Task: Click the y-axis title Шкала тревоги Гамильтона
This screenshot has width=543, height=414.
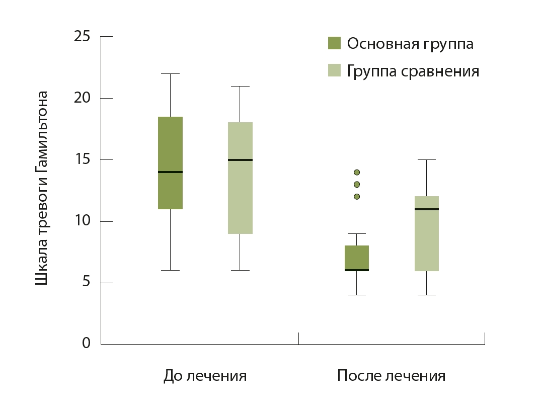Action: click(x=42, y=188)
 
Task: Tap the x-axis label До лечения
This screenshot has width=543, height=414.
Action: click(x=205, y=376)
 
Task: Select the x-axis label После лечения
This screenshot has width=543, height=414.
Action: click(x=391, y=376)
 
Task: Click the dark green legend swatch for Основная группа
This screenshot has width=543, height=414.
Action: click(x=334, y=43)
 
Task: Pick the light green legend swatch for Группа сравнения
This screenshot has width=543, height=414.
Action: click(x=334, y=70)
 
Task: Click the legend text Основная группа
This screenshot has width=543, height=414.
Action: click(x=410, y=44)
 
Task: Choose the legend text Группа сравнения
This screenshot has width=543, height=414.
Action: click(x=413, y=71)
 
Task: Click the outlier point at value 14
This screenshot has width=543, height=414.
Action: click(x=357, y=173)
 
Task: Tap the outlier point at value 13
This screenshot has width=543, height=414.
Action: click(x=357, y=185)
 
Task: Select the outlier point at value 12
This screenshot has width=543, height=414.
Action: click(x=357, y=197)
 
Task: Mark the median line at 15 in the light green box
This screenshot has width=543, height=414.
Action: click(x=240, y=160)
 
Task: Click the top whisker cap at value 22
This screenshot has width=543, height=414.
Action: click(x=171, y=74)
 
